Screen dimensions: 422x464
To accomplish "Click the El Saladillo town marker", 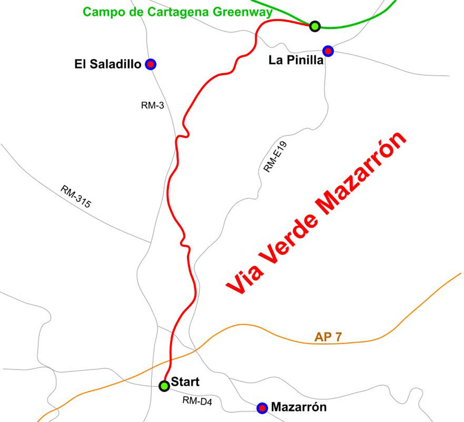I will pyautogui.click(x=150, y=65).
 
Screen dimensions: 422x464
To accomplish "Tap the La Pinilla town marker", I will pyautogui.click(x=328, y=50).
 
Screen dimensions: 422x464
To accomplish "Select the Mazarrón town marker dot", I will pyautogui.click(x=262, y=408).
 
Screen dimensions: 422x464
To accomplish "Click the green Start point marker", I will pyautogui.click(x=164, y=386).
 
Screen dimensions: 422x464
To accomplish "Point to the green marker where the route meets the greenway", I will pyautogui.click(x=315, y=26).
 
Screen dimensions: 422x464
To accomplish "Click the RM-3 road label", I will pyautogui.click(x=152, y=105).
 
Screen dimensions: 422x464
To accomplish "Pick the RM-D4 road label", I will pyautogui.click(x=197, y=401).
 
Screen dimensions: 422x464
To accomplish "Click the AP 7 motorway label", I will pyautogui.click(x=328, y=337).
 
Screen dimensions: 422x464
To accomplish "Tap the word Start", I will pyautogui.click(x=185, y=382).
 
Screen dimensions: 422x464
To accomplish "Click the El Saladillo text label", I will pyautogui.click(x=108, y=65).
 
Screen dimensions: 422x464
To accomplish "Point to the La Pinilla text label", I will pyautogui.click(x=296, y=61).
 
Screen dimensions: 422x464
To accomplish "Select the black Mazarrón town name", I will pyautogui.click(x=299, y=408).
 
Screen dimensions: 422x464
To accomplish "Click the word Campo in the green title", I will pyautogui.click(x=101, y=13).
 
